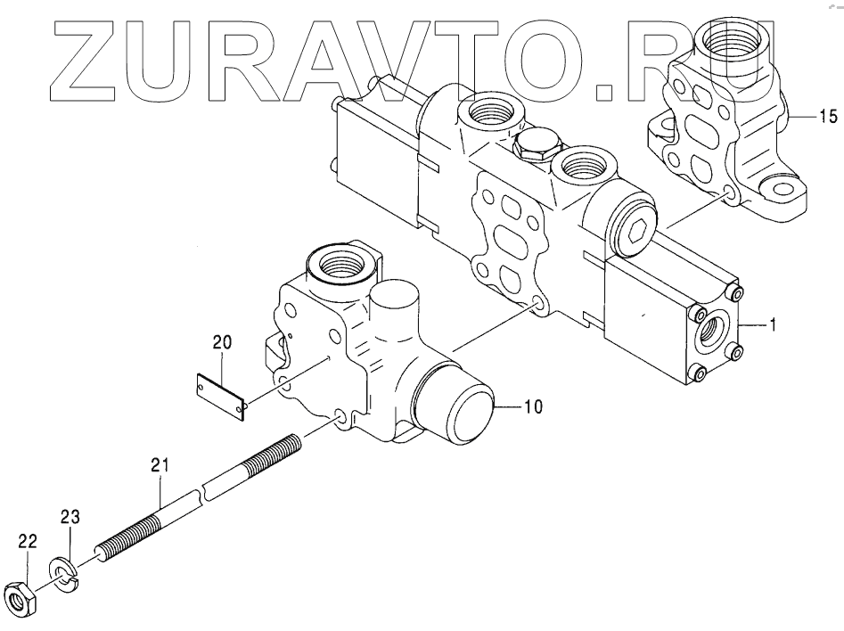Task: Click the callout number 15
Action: click(828, 116)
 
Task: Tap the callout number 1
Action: click(773, 326)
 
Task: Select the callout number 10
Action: click(533, 408)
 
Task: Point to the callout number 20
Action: click(222, 341)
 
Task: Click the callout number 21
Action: click(160, 463)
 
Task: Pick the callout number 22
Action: click(27, 540)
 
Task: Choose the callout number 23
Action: click(70, 518)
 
